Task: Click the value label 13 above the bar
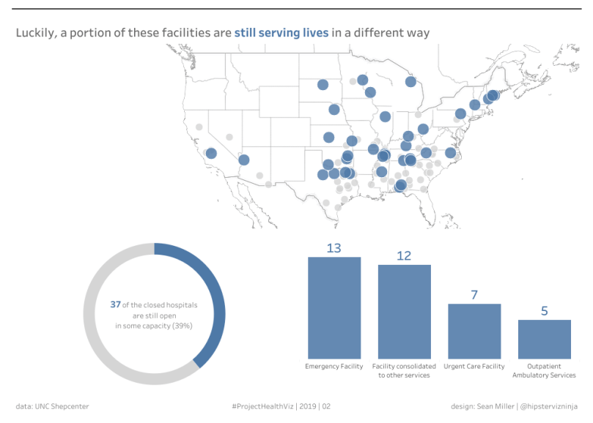(x=334, y=248)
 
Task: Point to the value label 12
(x=404, y=255)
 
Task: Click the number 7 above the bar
(x=474, y=295)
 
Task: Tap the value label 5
(x=544, y=311)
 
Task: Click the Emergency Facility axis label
(x=334, y=366)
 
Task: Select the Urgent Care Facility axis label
(x=474, y=366)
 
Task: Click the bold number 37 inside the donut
(x=115, y=304)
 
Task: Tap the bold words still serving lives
(x=281, y=33)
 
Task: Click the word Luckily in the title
(x=34, y=33)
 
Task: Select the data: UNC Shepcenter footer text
(x=52, y=406)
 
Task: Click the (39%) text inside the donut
(x=183, y=326)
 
